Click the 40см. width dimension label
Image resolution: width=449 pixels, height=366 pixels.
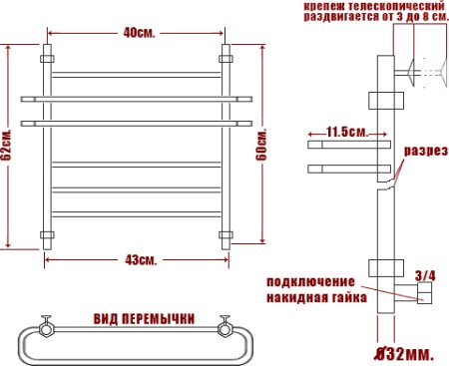[138, 32]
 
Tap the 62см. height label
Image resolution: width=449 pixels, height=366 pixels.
[8, 148]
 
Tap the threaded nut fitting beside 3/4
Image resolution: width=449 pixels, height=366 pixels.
[422, 292]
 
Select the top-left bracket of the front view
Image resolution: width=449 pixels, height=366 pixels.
[46, 51]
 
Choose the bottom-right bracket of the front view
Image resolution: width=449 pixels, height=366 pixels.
[225, 237]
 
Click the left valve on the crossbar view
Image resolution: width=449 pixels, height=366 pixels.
[45, 325]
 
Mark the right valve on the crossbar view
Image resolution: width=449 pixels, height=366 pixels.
[225, 325]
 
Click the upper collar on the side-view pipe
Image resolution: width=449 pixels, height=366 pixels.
[380, 100]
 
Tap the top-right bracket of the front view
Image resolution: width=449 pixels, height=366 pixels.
[225, 51]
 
